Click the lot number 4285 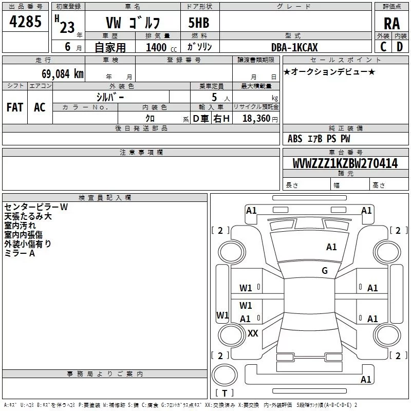tap(26, 23)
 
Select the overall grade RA tap(392, 24)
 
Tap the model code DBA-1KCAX tap(294, 47)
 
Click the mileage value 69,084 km tap(60, 73)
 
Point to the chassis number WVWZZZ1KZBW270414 tap(345, 164)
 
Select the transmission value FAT tap(15, 107)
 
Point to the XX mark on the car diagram tap(253, 333)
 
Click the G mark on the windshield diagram tap(325, 271)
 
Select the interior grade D tap(400, 47)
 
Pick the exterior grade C tap(383, 47)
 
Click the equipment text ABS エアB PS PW tap(319, 139)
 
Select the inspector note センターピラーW tap(36, 207)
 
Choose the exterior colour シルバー tap(109, 97)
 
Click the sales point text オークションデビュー tap(329, 71)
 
